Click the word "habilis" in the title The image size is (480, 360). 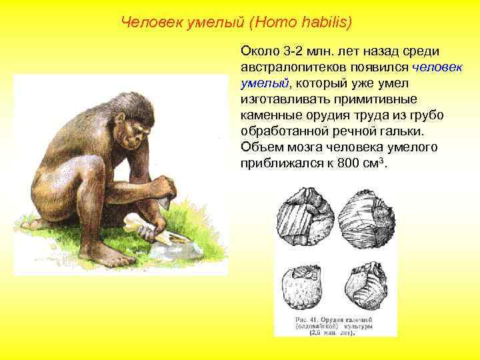pyautogui.click(x=324, y=23)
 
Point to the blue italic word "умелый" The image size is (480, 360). pyautogui.click(x=264, y=83)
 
